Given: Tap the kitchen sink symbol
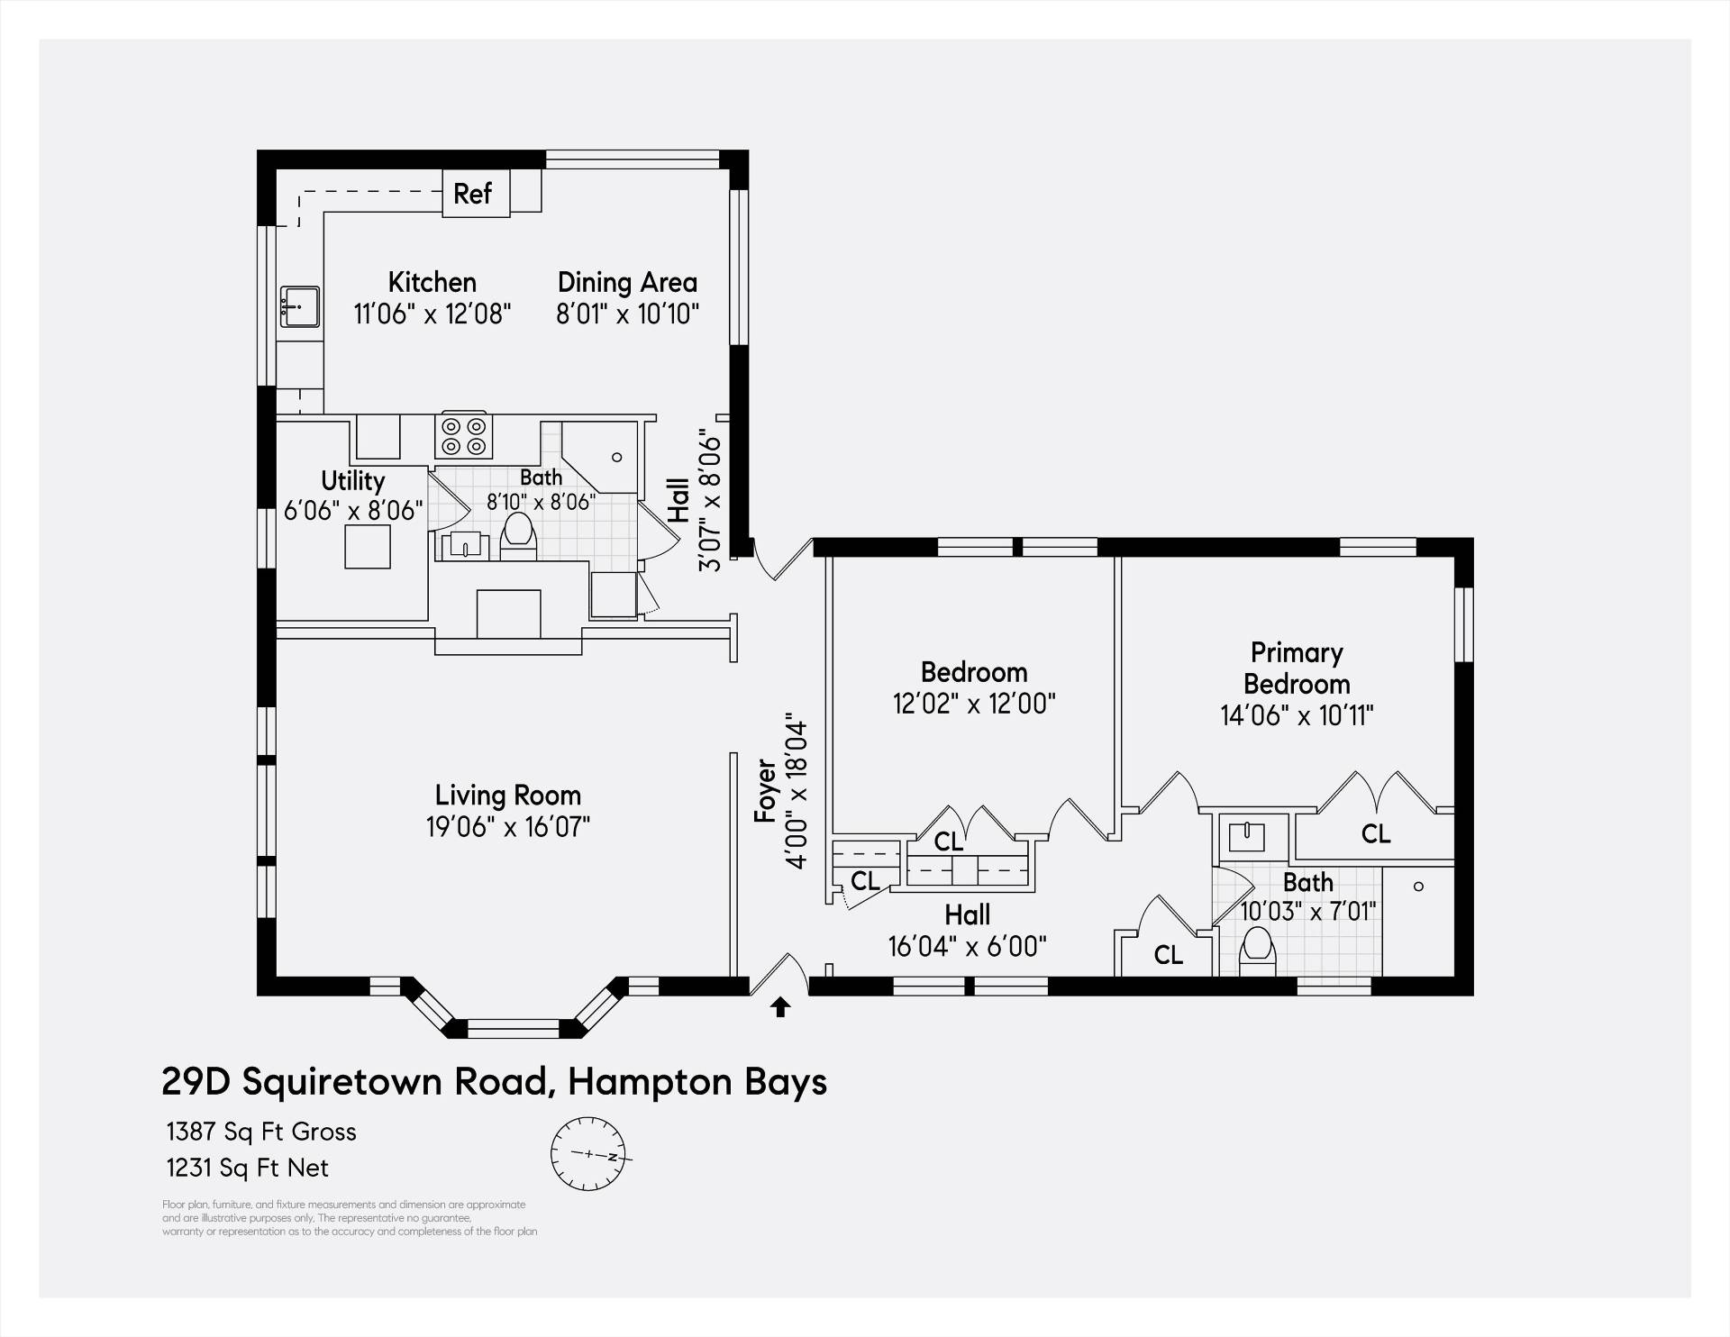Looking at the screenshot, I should point(299,308).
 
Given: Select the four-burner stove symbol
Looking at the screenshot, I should point(463,435).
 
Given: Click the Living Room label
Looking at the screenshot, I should point(507,795).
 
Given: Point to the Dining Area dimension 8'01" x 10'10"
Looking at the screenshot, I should point(628,314).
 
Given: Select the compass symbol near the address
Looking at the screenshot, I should point(587,1153).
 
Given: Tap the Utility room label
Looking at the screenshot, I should point(352,480).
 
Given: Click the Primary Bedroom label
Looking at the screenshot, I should point(1296,668).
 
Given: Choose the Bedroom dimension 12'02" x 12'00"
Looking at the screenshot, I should point(974,703).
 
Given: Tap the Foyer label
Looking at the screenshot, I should point(765,791).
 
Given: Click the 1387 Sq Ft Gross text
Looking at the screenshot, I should point(261,1132).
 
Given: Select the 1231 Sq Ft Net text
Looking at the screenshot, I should point(248,1168).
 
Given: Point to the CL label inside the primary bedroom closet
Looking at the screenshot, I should point(1376,833).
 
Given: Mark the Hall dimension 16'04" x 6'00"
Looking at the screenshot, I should point(968,946).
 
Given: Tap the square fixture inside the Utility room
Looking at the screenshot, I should point(368,546).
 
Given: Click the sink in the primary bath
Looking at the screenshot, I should point(1247,835).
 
